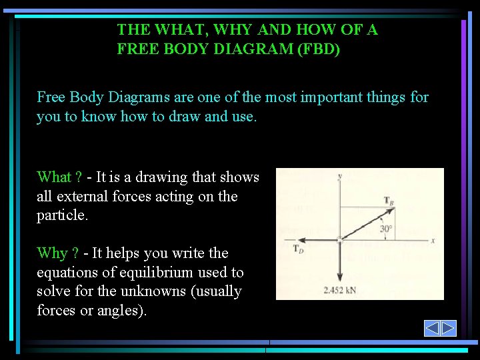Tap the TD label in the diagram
pyautogui.click(x=299, y=249)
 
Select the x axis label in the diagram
pyautogui.click(x=433, y=240)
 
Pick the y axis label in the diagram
pyautogui.click(x=340, y=175)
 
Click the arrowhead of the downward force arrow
pyautogui.click(x=340, y=279)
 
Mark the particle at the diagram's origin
pyautogui.click(x=340, y=239)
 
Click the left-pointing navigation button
pyautogui.click(x=432, y=328)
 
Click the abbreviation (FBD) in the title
pyautogui.click(x=317, y=49)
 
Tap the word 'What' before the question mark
pyautogui.click(x=54, y=177)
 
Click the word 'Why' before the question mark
pyautogui.click(x=52, y=253)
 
